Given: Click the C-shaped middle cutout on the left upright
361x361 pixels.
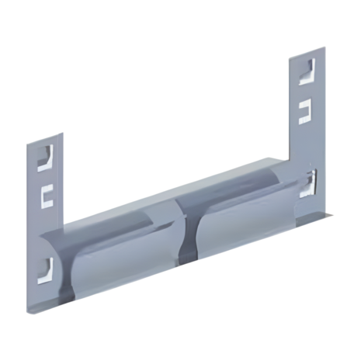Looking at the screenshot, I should (x=47, y=193).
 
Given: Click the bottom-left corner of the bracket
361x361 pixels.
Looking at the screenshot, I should (x=33, y=312).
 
